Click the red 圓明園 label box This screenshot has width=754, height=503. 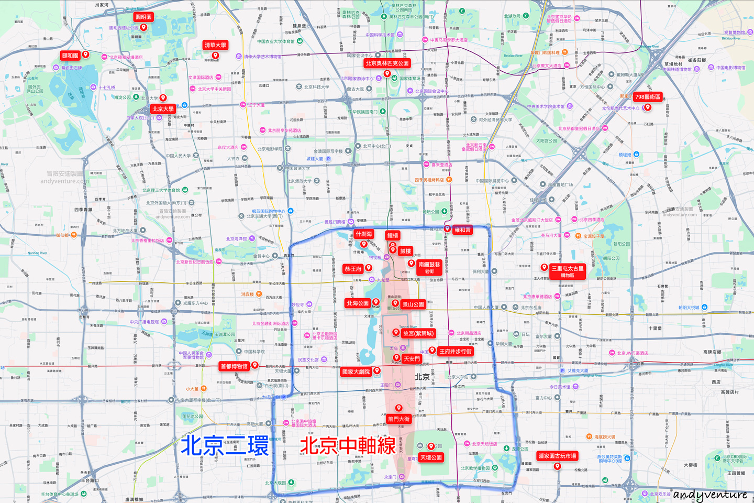(143, 17)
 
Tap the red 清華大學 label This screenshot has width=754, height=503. (215, 45)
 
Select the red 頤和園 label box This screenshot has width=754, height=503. (70, 56)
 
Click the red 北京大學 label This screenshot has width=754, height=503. (163, 109)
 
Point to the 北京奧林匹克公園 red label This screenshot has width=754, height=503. (387, 63)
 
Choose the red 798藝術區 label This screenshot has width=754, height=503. (648, 97)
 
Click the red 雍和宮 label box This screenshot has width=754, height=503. (462, 230)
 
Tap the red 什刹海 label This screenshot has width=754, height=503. (363, 234)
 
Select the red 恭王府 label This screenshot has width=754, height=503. (353, 269)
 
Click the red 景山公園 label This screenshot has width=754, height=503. (413, 304)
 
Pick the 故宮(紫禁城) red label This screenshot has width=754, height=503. (418, 333)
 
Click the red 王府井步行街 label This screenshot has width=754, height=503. (456, 351)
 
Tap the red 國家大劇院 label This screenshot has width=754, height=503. (356, 372)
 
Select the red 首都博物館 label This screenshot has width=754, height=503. (234, 366)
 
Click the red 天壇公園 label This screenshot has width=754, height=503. (431, 457)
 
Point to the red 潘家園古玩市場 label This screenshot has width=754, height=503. (557, 456)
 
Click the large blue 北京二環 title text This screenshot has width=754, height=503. (225, 445)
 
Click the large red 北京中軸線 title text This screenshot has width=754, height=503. (348, 445)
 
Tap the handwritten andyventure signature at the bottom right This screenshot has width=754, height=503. (711, 494)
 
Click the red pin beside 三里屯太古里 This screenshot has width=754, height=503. (545, 268)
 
